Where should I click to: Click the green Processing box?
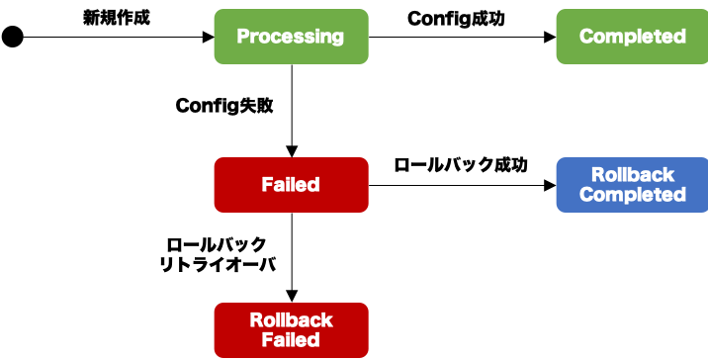pyautogui.click(x=291, y=37)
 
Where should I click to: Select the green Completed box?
pyautogui.click(x=632, y=37)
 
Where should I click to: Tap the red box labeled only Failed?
pyautogui.click(x=291, y=185)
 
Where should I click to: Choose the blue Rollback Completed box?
pyautogui.click(x=632, y=185)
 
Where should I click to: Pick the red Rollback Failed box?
pyautogui.click(x=291, y=330)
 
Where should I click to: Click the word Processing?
pyautogui.click(x=291, y=37)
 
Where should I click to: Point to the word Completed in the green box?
pyautogui.click(x=632, y=37)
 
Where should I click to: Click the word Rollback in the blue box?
pyautogui.click(x=633, y=175)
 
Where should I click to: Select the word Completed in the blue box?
pyautogui.click(x=632, y=195)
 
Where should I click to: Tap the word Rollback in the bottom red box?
pyautogui.click(x=291, y=320)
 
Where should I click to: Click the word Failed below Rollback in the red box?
pyautogui.click(x=291, y=340)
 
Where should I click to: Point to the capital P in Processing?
pyautogui.click(x=243, y=37)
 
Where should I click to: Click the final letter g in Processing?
pyautogui.click(x=337, y=39)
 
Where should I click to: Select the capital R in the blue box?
pyautogui.click(x=597, y=175)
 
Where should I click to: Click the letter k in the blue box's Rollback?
pyautogui.click(x=668, y=175)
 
